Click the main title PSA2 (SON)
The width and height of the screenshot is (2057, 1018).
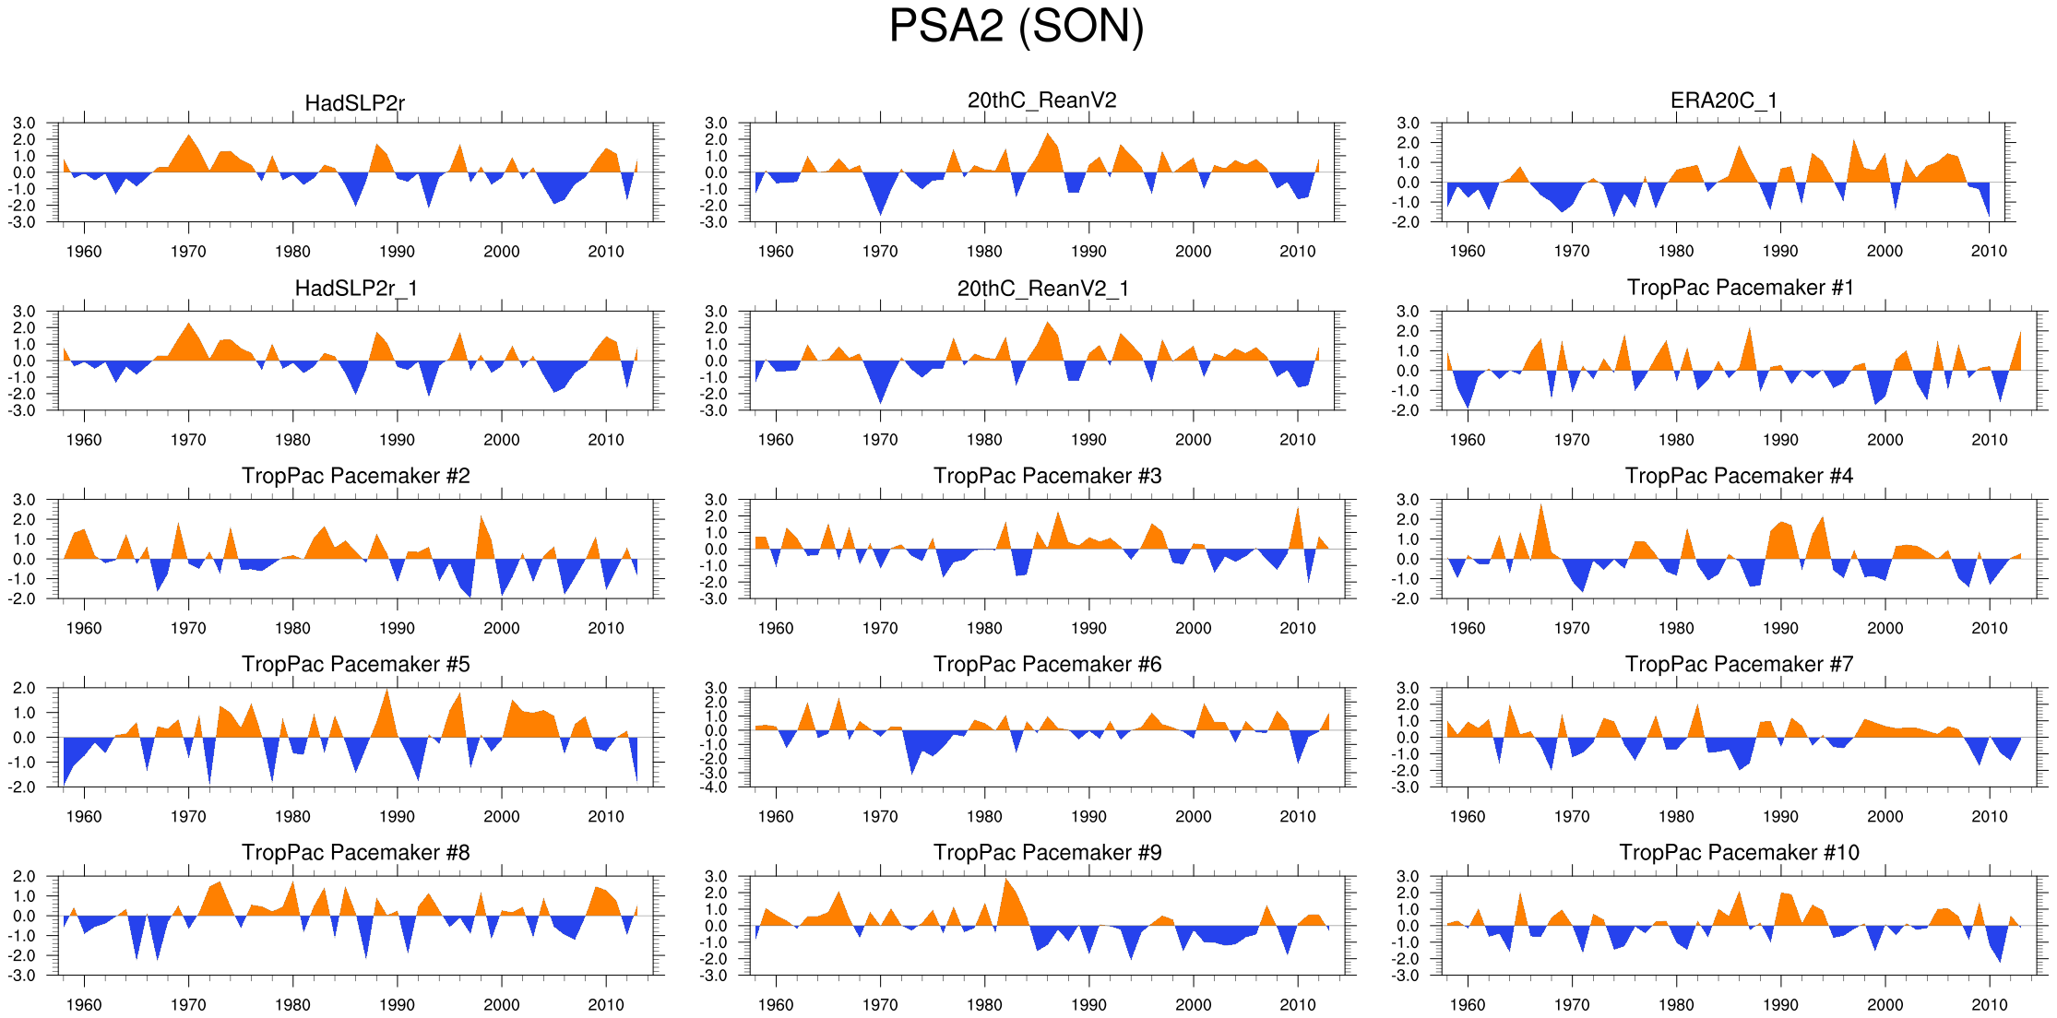(1016, 26)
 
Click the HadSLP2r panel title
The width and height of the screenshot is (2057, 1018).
(354, 103)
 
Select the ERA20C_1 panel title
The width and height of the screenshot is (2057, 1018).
(1723, 101)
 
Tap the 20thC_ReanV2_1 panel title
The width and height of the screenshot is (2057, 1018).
(1042, 289)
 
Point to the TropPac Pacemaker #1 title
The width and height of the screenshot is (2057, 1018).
(1740, 288)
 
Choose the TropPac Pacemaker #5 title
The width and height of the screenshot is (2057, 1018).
(355, 664)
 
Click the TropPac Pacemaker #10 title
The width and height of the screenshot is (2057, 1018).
(1739, 852)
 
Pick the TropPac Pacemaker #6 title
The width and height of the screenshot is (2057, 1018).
(1047, 664)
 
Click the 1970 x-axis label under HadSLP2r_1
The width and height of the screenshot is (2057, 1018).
(188, 440)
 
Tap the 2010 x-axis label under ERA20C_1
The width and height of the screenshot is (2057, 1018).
(1989, 252)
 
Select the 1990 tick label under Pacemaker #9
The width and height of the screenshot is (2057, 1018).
(1088, 1005)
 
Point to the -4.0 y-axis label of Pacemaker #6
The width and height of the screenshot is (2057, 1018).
(716, 787)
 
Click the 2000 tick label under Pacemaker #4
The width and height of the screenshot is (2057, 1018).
(1885, 628)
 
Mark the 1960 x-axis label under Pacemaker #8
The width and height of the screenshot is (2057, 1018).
(84, 1005)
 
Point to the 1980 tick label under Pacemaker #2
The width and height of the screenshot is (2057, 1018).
(292, 628)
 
